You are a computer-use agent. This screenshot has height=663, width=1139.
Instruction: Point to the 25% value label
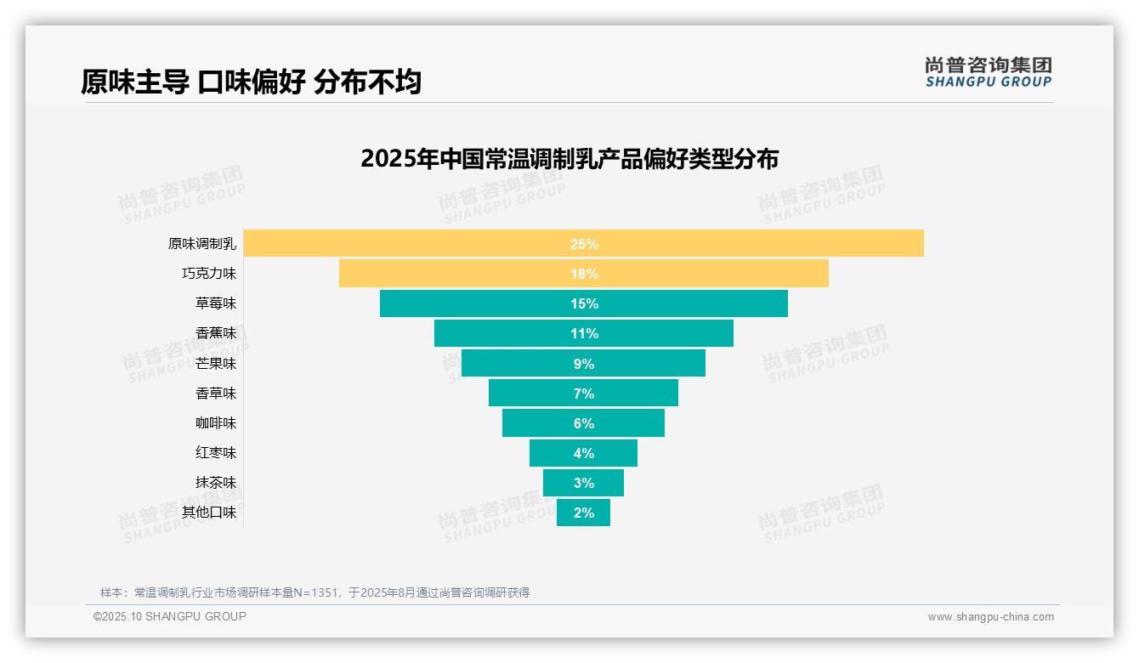click(x=584, y=244)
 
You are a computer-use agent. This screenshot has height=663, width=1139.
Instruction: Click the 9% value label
click(x=584, y=364)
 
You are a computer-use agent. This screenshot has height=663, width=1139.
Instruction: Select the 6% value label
click(x=584, y=423)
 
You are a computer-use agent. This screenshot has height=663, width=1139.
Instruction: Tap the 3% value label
click(x=584, y=483)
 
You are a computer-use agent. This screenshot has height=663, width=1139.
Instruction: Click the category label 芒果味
click(x=216, y=364)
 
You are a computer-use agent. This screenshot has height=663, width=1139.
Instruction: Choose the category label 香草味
click(x=216, y=394)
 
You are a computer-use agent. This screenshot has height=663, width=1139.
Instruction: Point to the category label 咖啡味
click(x=216, y=423)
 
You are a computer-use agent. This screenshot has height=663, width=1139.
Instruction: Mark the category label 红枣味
click(x=216, y=453)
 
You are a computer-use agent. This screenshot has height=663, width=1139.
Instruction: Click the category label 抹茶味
click(x=216, y=483)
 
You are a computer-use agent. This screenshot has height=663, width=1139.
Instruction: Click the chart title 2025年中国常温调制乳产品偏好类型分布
click(x=569, y=159)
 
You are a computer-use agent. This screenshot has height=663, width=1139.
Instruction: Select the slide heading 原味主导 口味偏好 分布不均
click(x=251, y=82)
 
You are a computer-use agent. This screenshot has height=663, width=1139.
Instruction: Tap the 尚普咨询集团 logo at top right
click(x=988, y=72)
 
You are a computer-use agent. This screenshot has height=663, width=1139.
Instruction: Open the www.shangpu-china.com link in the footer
click(x=990, y=617)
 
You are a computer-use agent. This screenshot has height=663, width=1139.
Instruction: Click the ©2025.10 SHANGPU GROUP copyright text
click(x=170, y=616)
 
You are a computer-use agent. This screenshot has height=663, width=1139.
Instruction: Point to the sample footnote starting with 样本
click(x=314, y=592)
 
